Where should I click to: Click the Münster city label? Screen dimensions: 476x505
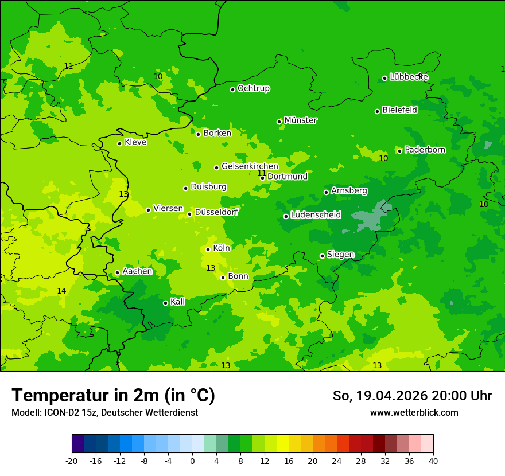[300, 120]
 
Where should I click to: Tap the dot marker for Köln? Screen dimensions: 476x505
[208, 249]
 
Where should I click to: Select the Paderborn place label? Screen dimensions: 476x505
[425, 150]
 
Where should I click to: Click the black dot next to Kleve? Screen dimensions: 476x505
[119, 143]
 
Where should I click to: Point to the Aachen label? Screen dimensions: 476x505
[137, 271]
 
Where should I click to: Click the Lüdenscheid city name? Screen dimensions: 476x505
[316, 215]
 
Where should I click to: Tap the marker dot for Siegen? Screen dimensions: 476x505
[322, 256]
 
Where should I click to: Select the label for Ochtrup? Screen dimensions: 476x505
[253, 88]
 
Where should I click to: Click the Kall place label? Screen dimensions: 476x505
[178, 302]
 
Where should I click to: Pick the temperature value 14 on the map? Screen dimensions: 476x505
[61, 291]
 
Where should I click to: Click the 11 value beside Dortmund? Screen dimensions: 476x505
[261, 173]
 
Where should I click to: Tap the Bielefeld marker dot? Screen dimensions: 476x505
[378, 111]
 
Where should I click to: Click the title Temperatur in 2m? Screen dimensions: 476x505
[113, 396]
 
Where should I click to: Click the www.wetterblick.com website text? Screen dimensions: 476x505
[414, 412]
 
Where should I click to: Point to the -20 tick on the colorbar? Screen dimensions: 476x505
[72, 461]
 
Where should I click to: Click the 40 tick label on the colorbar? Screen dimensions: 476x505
[433, 461]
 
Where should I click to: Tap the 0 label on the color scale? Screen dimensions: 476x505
[192, 461]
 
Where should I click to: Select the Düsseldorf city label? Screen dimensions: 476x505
[216, 212]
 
